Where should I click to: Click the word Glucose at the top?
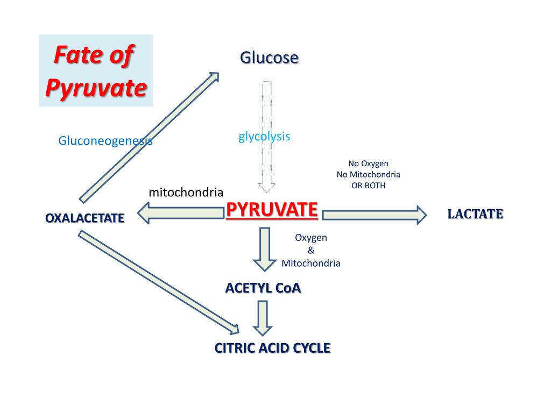tap(269, 57)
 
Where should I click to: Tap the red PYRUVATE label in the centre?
tap(272, 210)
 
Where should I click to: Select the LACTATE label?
tap(475, 214)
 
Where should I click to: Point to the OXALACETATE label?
tap(84, 218)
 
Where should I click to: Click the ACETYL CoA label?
tap(263, 288)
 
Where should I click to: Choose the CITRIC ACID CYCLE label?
tap(272, 348)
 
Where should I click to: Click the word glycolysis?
tap(264, 137)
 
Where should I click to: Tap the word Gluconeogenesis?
tap(105, 141)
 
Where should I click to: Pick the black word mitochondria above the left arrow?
tap(186, 192)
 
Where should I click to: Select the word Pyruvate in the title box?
tap(96, 88)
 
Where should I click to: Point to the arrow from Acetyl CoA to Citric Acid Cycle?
tap(263, 318)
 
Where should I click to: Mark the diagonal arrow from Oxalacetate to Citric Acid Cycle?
tap(159, 281)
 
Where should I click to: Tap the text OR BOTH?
tap(369, 186)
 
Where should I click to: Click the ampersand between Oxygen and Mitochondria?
tap(311, 250)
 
